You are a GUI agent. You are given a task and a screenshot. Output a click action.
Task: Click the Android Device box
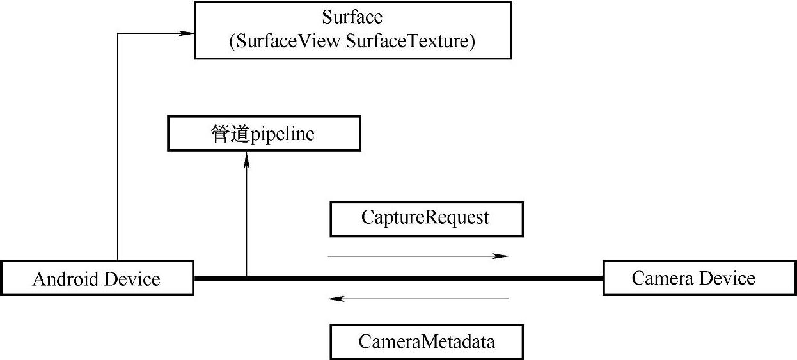pyautogui.click(x=97, y=278)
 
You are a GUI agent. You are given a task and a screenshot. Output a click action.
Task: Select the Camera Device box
pyautogui.click(x=699, y=278)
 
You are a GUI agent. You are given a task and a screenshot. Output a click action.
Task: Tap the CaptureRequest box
pyautogui.click(x=426, y=219)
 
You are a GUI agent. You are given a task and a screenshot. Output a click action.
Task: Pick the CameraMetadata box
pyautogui.click(x=426, y=342)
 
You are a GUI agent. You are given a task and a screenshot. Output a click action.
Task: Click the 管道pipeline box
pyautogui.click(x=264, y=134)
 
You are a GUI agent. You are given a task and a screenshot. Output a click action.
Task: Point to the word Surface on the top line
pyautogui.click(x=352, y=17)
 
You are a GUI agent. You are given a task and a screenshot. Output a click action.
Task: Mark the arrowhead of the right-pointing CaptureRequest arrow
pyautogui.click(x=502, y=256)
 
